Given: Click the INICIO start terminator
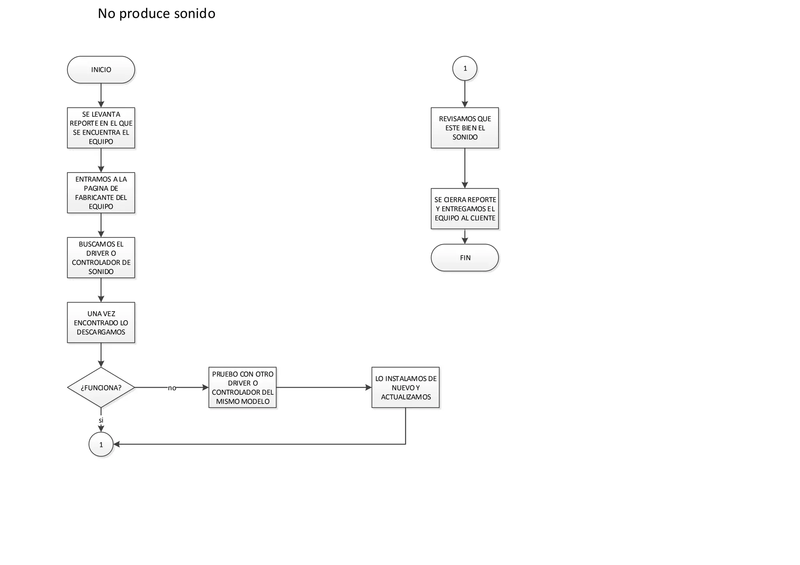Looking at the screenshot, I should pyautogui.click(x=101, y=70).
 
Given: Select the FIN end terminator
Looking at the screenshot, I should pyautogui.click(x=464, y=258).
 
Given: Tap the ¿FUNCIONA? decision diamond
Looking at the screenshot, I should pyautogui.click(x=101, y=388).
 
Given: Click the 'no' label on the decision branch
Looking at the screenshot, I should pyautogui.click(x=172, y=388).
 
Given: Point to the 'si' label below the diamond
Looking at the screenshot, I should pyautogui.click(x=101, y=420).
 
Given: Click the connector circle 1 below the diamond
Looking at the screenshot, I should pyautogui.click(x=101, y=444).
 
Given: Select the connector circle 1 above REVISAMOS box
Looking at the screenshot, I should pyautogui.click(x=464, y=68).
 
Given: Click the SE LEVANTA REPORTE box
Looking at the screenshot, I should pyautogui.click(x=101, y=128).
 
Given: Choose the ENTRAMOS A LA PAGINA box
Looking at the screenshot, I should pyautogui.click(x=101, y=192).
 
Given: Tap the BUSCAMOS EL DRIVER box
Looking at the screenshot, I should pyautogui.click(x=101, y=257).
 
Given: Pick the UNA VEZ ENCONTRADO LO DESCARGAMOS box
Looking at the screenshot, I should pyautogui.click(x=101, y=323).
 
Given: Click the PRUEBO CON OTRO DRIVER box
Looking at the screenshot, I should pyautogui.click(x=243, y=387).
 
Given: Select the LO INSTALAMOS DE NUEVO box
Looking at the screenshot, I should pyautogui.click(x=405, y=387).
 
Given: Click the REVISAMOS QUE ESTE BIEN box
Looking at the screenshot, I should pyautogui.click(x=464, y=128).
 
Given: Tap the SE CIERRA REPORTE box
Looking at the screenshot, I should pyautogui.click(x=464, y=209).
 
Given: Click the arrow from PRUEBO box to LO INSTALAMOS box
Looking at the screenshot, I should pyautogui.click(x=324, y=387).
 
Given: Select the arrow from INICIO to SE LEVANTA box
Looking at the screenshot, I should pyautogui.click(x=101, y=95).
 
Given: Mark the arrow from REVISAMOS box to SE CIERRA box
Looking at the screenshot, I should pyautogui.click(x=464, y=168).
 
